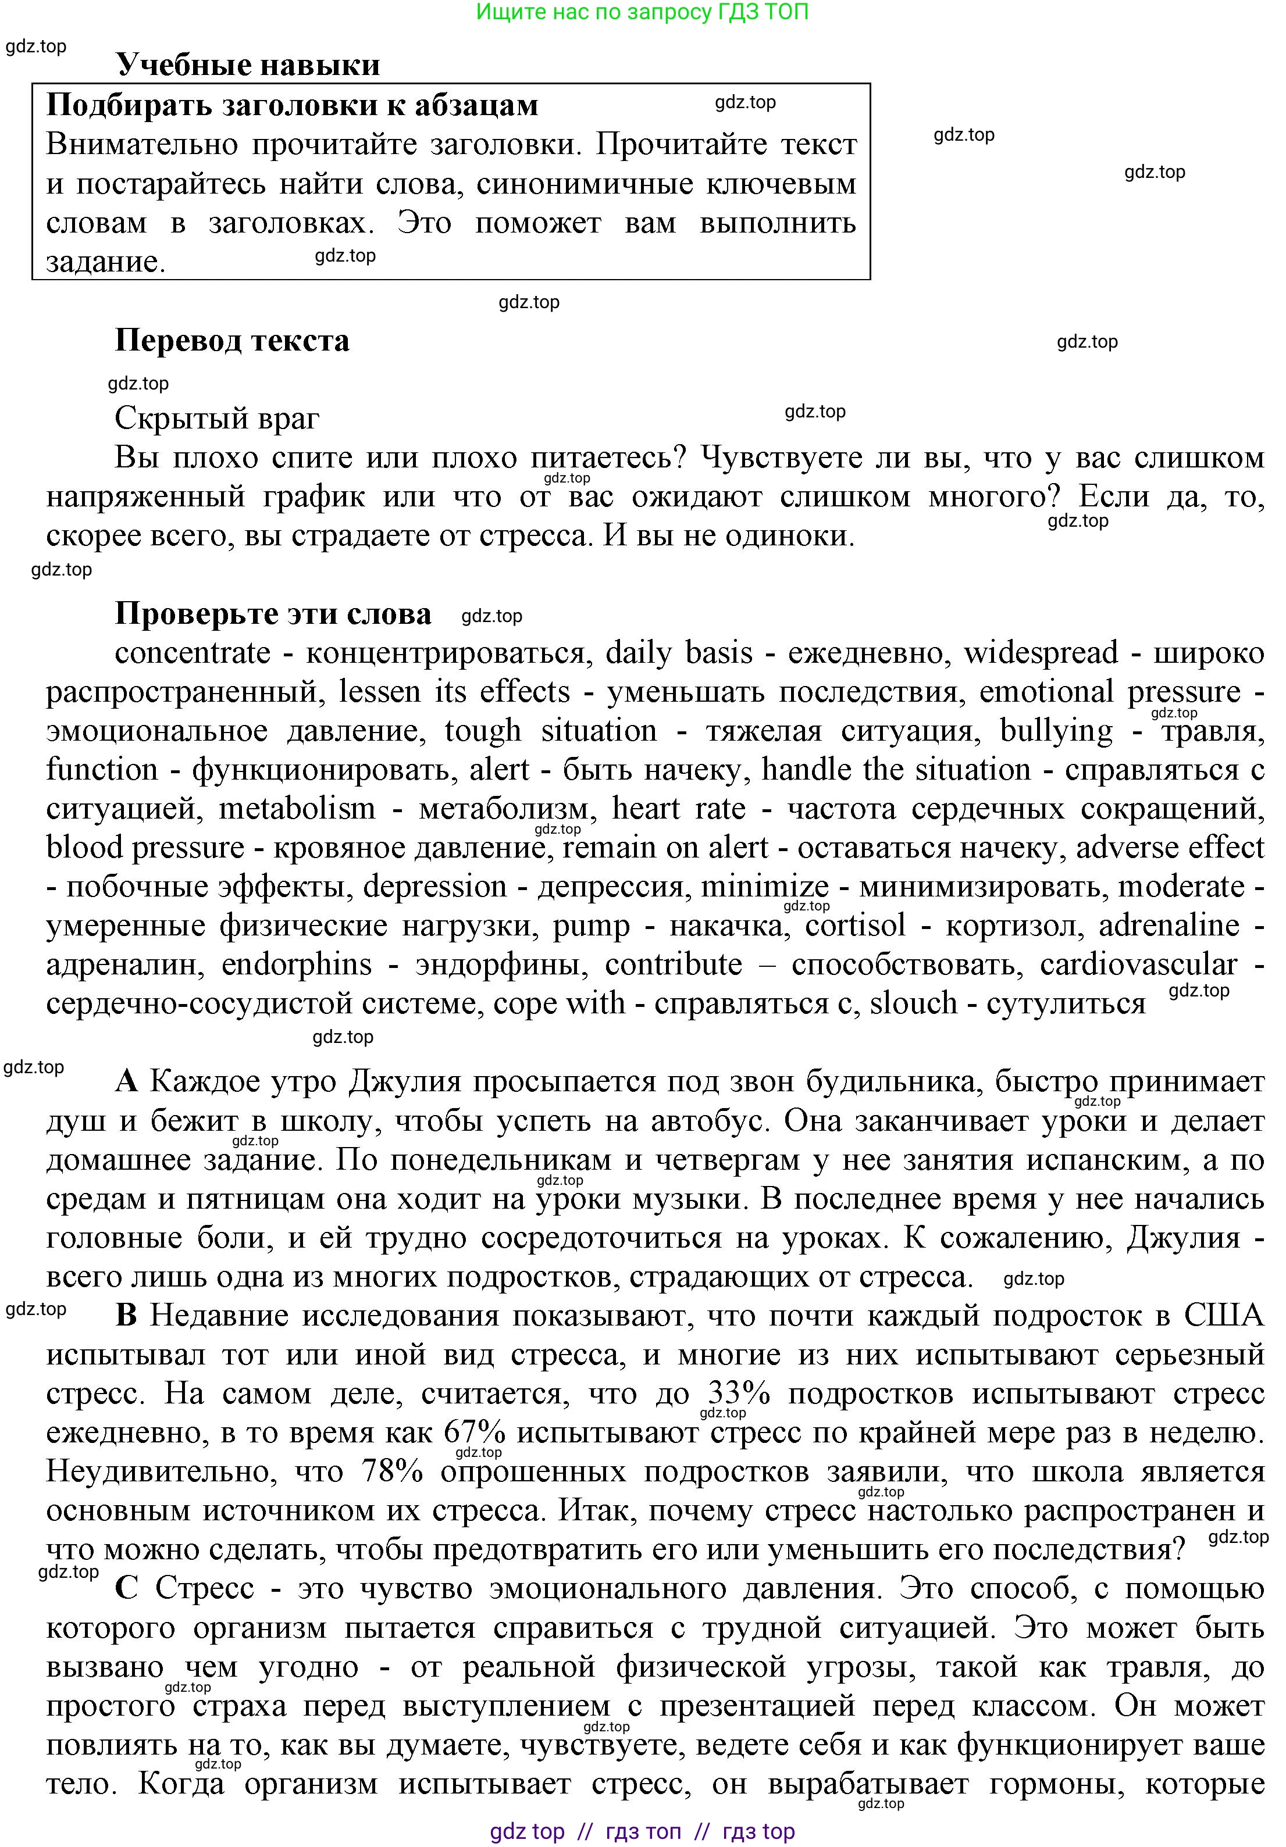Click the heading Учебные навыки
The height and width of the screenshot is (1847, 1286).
point(247,65)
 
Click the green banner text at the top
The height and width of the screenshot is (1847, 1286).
point(642,12)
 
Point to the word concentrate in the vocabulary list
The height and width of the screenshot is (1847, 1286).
point(193,652)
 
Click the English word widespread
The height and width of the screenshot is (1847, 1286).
point(1041,652)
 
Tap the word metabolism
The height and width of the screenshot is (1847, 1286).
point(297,809)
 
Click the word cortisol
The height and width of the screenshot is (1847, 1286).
point(856,925)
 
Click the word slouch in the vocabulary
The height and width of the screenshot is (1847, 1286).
point(913,1003)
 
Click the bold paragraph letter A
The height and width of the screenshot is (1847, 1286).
point(126,1081)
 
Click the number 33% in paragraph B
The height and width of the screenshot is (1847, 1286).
point(739,1394)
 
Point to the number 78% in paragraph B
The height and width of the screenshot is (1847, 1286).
point(392,1471)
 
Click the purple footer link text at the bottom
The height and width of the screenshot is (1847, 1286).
point(642,1831)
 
